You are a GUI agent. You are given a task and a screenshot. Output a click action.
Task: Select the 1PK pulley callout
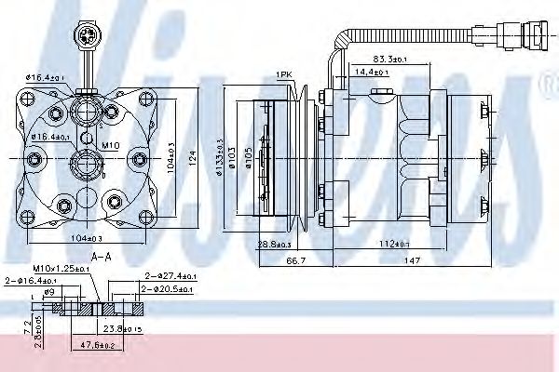(284, 73)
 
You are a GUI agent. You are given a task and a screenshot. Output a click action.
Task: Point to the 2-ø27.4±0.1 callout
(170, 276)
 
